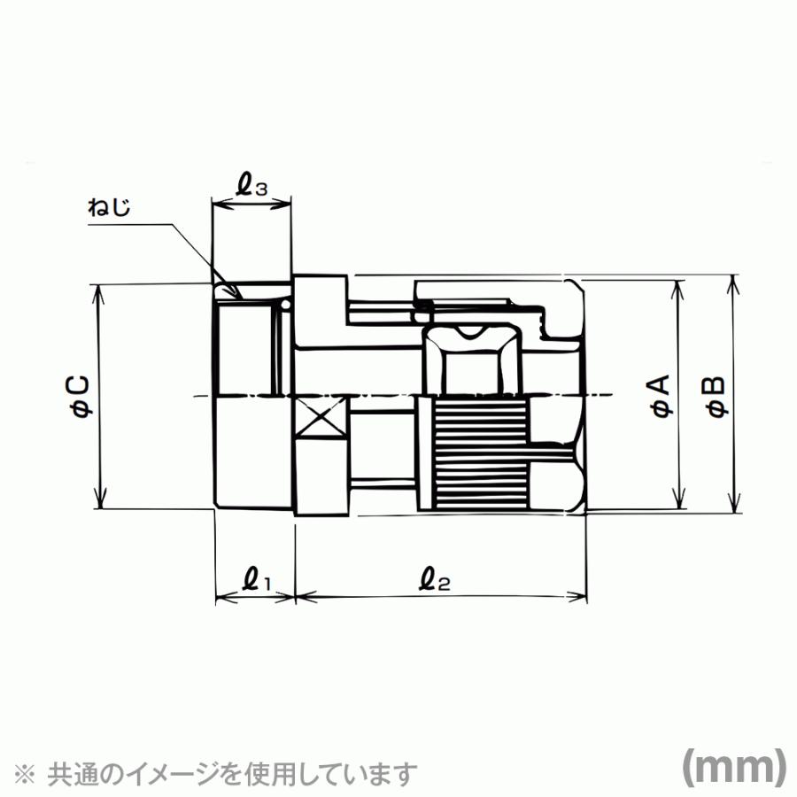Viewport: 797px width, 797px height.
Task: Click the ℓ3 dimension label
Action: click(x=251, y=186)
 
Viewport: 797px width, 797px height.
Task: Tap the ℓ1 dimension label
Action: click(x=258, y=580)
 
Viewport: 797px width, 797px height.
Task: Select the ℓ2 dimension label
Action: click(x=435, y=580)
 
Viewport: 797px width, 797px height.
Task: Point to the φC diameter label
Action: click(x=81, y=397)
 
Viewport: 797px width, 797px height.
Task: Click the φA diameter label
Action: click(x=662, y=396)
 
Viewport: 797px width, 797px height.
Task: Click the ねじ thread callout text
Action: click(x=109, y=207)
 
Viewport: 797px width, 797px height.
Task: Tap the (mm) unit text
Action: click(x=733, y=769)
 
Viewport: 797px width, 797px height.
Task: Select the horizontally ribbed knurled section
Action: click(x=481, y=454)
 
